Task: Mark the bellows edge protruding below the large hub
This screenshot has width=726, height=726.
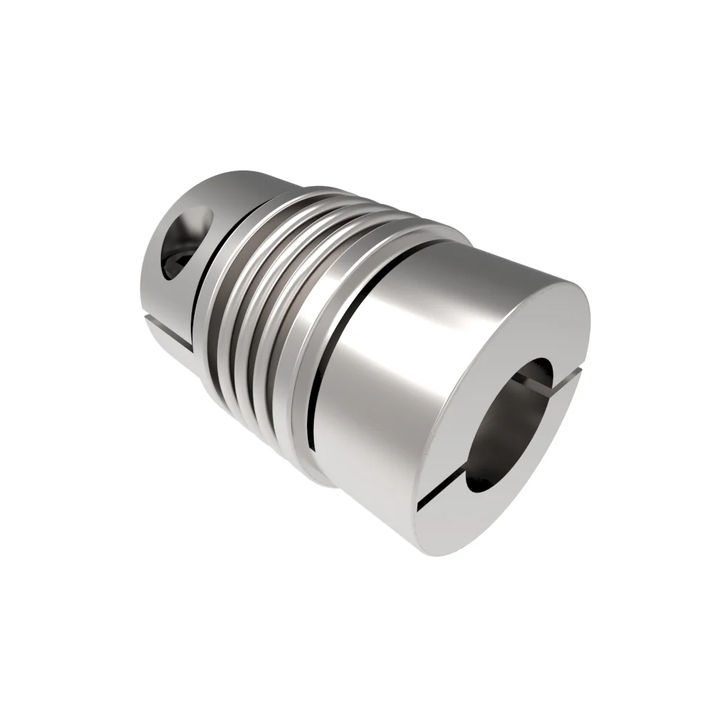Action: (319, 476)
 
